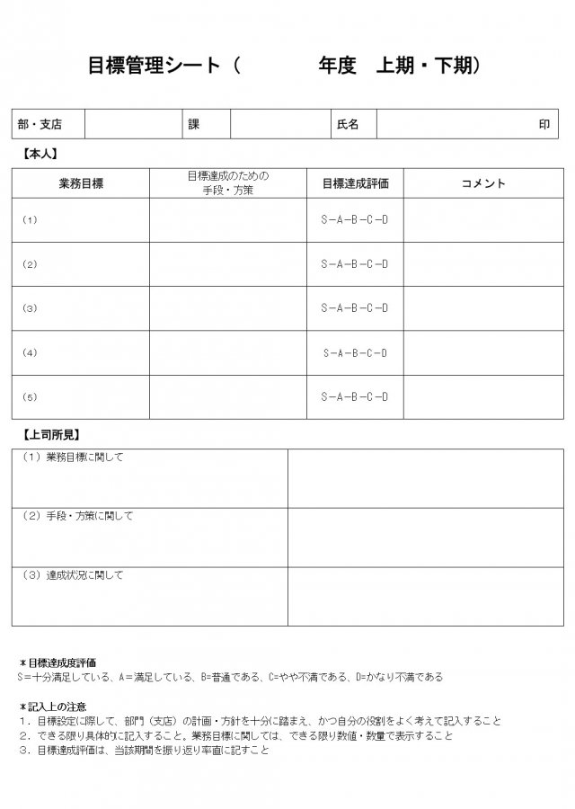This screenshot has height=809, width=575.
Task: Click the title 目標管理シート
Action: pyautogui.click(x=154, y=66)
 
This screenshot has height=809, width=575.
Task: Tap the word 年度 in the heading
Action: pyautogui.click(x=337, y=66)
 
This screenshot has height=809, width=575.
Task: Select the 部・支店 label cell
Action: pyautogui.click(x=39, y=125)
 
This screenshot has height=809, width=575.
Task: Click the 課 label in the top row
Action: pyautogui.click(x=193, y=125)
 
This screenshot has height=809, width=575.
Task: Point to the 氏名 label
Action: pyautogui.click(x=347, y=125)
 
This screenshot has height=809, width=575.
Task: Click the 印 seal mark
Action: pyautogui.click(x=544, y=125)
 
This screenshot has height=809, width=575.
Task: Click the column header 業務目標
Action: pyautogui.click(x=81, y=183)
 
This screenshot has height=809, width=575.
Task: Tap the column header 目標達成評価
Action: pyautogui.click(x=355, y=183)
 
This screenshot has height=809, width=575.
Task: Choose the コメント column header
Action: pyautogui.click(x=483, y=183)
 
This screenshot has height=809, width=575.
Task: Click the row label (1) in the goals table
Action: pyautogui.click(x=30, y=220)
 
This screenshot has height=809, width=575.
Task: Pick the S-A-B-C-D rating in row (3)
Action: pyautogui.click(x=355, y=308)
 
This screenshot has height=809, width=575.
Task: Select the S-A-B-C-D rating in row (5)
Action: pyautogui.click(x=355, y=396)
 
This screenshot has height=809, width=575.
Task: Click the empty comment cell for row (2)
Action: pyautogui.click(x=483, y=264)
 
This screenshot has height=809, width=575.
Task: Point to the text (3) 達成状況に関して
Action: pyautogui.click(x=73, y=575)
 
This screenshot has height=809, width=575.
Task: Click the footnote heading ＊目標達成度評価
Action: pyautogui.click(x=57, y=662)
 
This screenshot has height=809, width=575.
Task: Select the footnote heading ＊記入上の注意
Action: pyautogui.click(x=53, y=707)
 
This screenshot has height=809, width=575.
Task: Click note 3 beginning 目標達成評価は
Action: pyautogui.click(x=144, y=750)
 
